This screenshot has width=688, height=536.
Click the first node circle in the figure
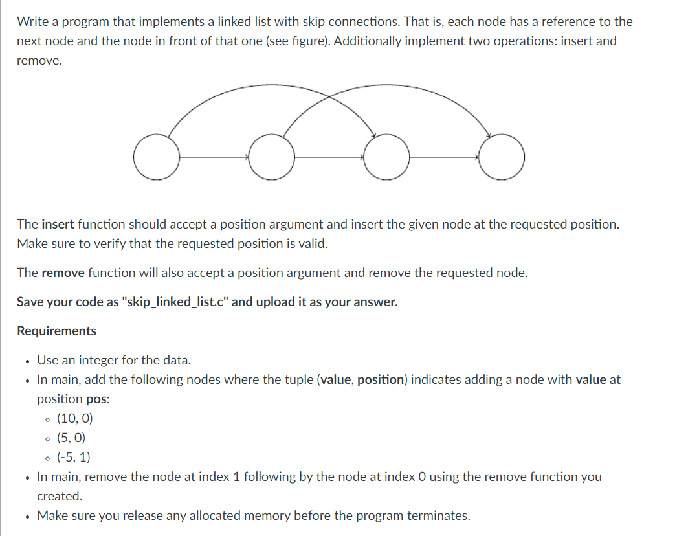click(157, 157)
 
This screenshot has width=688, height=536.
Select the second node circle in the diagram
click(272, 157)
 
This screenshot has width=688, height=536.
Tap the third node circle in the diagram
click(386, 157)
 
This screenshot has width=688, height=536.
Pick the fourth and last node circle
click(502, 157)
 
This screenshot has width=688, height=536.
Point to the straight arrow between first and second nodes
click(214, 157)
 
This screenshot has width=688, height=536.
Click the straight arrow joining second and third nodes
click(329, 157)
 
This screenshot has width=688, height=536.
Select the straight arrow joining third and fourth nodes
click(444, 157)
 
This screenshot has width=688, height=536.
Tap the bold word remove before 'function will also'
click(63, 273)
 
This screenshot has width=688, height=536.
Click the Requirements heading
click(56, 331)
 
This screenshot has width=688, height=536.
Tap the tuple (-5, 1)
click(74, 457)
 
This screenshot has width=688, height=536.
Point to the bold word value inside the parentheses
click(336, 379)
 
